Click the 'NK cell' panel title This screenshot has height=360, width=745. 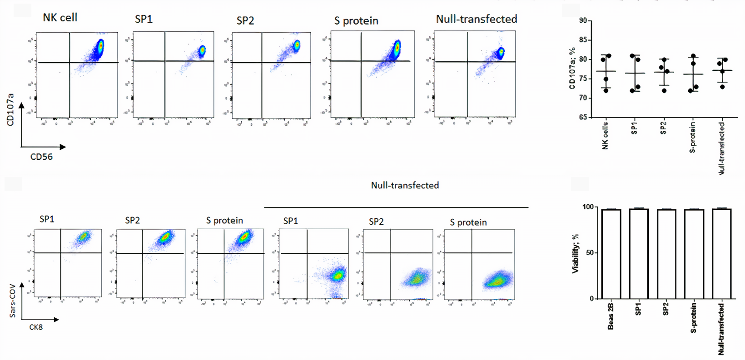(x=60, y=18)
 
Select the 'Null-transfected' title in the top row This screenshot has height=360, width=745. (x=476, y=19)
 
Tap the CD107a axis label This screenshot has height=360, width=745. (x=10, y=109)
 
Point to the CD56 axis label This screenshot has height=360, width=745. (x=41, y=157)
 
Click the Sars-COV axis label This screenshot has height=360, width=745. (x=13, y=301)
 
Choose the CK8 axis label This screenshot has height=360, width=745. (x=36, y=327)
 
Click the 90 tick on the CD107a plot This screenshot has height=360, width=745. (x=583, y=20)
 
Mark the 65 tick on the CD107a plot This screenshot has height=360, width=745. (x=583, y=117)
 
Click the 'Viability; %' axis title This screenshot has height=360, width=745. (x=576, y=253)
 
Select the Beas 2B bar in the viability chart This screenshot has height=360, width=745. (x=611, y=254)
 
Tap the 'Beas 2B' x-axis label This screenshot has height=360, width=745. (x=611, y=316)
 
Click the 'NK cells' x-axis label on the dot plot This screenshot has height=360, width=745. (x=605, y=135)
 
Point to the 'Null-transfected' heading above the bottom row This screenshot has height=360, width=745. (x=405, y=185)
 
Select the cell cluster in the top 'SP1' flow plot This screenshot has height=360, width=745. (x=201, y=50)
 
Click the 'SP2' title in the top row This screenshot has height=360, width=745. (x=245, y=21)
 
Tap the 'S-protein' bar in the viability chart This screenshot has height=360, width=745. (x=694, y=254)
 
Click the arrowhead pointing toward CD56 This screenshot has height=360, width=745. (x=63, y=147)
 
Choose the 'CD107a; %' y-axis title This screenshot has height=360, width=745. (x=572, y=68)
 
